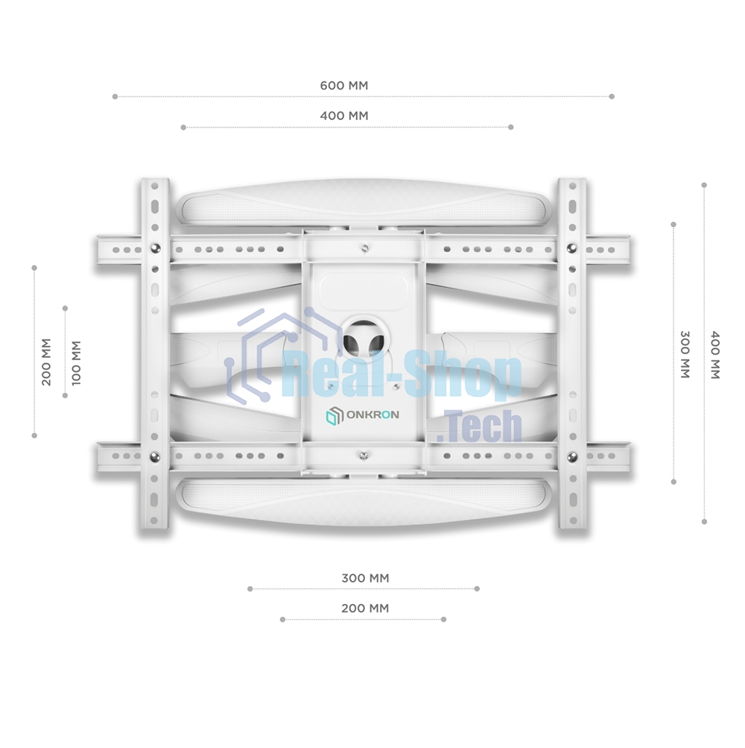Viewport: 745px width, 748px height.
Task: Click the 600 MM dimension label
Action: click(x=343, y=86)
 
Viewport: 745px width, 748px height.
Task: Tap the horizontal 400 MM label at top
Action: click(x=343, y=116)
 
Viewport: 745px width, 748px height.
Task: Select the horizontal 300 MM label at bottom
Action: click(x=365, y=578)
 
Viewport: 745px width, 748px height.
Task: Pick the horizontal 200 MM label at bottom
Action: click(x=365, y=609)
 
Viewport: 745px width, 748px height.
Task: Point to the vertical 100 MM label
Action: click(x=76, y=362)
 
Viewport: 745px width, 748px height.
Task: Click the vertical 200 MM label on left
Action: click(x=46, y=362)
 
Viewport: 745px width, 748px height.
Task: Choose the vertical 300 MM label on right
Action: click(x=685, y=354)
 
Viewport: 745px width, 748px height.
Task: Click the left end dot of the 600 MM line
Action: click(x=115, y=96)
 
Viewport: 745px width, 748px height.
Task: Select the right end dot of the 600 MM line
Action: click(x=612, y=96)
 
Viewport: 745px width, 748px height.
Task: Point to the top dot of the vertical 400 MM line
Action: click(x=704, y=184)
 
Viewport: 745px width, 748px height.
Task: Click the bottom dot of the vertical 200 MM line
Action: click(x=34, y=436)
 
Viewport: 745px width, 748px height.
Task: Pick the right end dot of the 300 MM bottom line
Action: click(x=477, y=588)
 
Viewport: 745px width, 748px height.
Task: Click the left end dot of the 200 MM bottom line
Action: click(x=282, y=619)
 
